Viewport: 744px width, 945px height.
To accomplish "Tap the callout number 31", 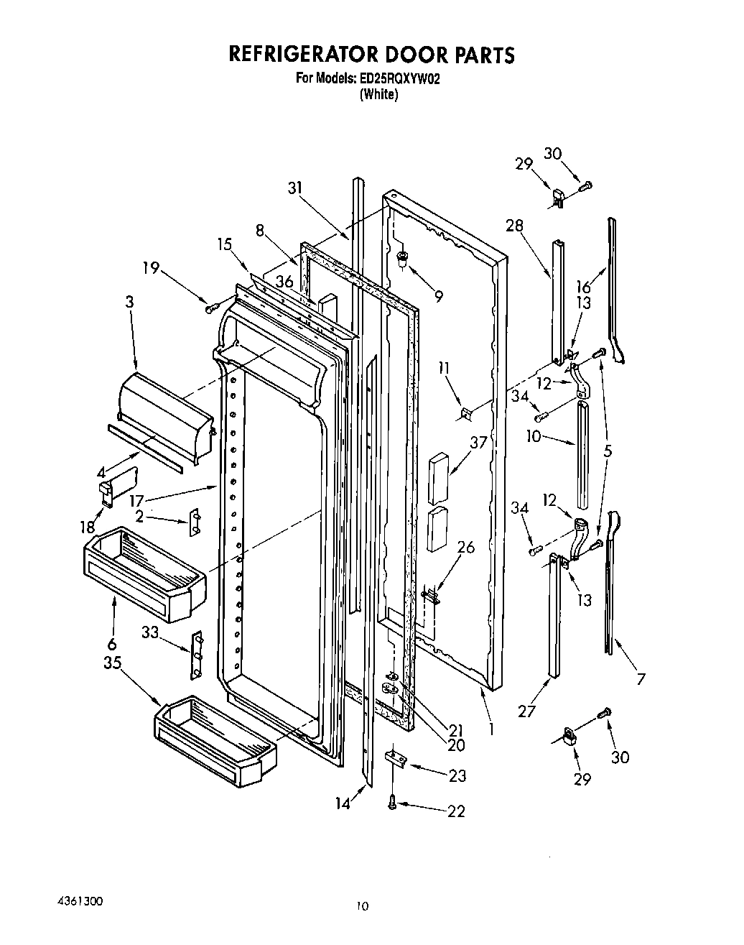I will tap(295, 188).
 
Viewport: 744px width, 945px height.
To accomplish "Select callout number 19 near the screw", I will tap(150, 269).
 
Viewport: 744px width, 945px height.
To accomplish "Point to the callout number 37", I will tap(479, 442).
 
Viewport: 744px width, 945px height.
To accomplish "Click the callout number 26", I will tap(466, 548).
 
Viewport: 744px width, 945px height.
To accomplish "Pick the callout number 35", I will tap(112, 663).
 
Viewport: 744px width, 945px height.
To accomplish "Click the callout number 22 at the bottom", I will tap(456, 811).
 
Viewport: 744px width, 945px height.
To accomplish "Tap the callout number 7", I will tap(641, 678).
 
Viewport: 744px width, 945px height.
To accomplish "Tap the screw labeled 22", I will tap(392, 803).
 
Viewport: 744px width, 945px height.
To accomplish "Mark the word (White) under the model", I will tap(378, 94).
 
